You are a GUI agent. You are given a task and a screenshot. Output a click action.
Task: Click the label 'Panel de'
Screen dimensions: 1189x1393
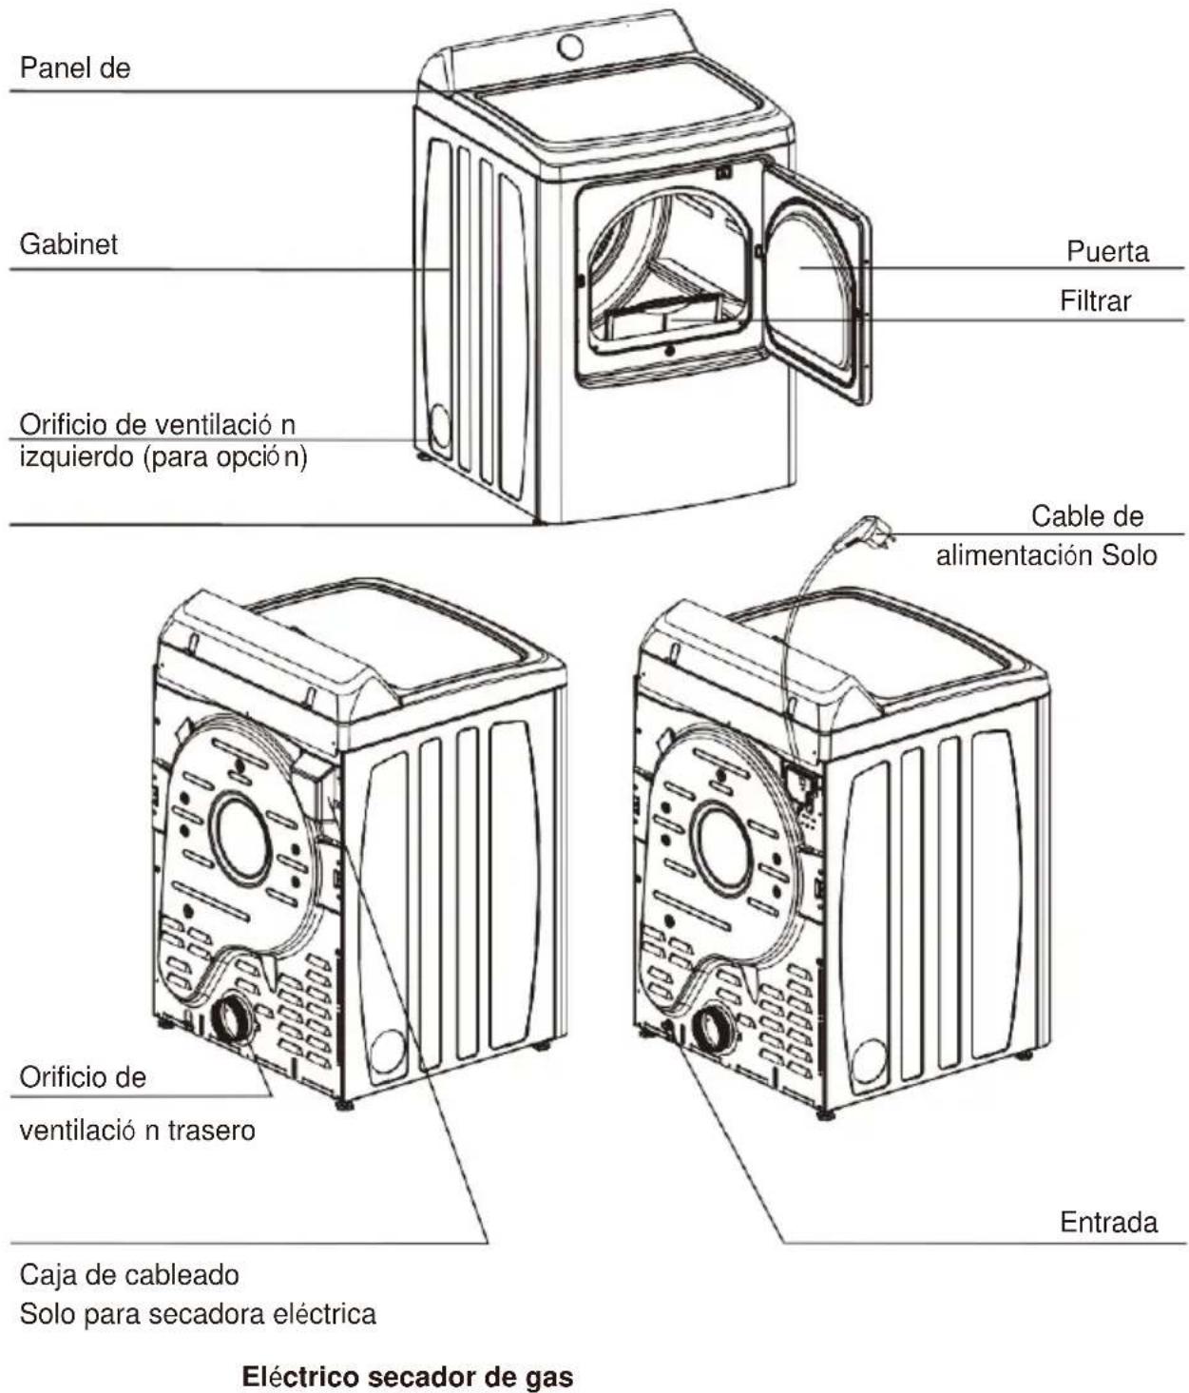click(75, 68)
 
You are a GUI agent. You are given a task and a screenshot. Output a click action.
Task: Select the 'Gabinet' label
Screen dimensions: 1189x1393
click(68, 244)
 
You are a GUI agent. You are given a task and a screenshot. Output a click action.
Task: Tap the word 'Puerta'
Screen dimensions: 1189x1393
click(1107, 251)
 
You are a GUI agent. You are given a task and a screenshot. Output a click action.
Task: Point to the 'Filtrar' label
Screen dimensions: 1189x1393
click(1095, 300)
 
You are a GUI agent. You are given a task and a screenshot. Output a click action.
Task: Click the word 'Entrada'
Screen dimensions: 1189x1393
click(1109, 1222)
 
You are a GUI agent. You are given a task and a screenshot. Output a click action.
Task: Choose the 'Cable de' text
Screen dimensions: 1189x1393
click(1086, 516)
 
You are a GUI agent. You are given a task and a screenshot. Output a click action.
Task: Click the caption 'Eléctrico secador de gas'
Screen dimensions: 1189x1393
click(408, 1371)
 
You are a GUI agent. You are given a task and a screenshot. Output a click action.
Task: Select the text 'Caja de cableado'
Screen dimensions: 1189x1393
click(129, 1275)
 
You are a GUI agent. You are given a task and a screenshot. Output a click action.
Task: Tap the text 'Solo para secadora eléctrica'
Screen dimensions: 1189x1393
click(198, 1313)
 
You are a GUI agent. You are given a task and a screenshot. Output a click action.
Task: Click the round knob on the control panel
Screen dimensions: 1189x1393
click(570, 47)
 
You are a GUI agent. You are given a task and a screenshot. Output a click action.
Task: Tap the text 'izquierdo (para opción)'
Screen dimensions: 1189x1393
click(163, 457)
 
